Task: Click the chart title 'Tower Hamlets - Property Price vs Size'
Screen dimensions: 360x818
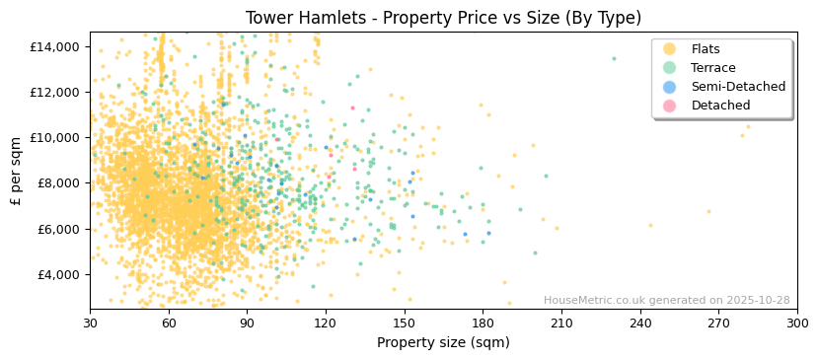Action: tap(443, 18)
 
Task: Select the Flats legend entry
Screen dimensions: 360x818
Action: tap(705, 49)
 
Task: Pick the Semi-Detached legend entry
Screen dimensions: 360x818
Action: tap(737, 87)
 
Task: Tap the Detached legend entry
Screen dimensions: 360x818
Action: tap(720, 106)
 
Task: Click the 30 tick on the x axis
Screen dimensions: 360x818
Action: tap(90, 324)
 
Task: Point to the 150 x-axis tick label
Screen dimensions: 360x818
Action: tap(404, 324)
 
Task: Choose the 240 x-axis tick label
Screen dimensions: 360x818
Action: tap(639, 324)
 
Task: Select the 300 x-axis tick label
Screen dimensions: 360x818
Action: tap(796, 324)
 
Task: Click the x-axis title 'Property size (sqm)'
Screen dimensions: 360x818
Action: tap(443, 343)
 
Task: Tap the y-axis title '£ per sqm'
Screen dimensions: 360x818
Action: tap(16, 171)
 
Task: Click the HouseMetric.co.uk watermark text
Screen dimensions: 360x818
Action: tap(666, 301)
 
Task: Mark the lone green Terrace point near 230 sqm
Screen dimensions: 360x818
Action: tap(613, 58)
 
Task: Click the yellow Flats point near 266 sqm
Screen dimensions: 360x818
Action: tap(707, 211)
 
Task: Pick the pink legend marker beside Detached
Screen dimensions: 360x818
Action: tap(670, 106)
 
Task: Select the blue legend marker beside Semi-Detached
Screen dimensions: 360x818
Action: tap(670, 87)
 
